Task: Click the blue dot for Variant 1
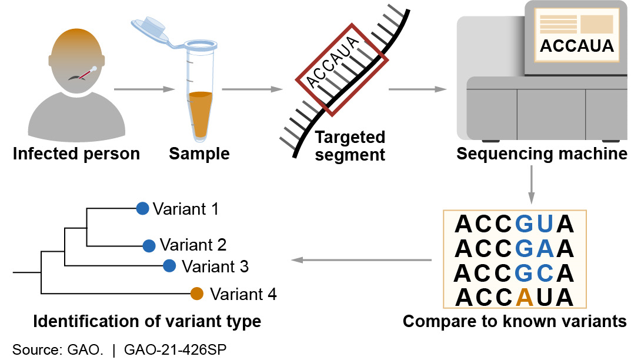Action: [142, 208]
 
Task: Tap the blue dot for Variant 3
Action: [169, 266]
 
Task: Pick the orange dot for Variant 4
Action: [197, 293]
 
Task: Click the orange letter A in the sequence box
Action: [525, 297]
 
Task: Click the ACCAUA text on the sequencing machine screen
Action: [576, 46]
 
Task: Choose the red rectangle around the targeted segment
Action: [341, 69]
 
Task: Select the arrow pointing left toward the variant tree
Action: [362, 260]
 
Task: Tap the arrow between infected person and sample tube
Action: [145, 89]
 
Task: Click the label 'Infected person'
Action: [76, 154]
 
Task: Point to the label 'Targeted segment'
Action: [350, 146]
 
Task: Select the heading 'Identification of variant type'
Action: [147, 322]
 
